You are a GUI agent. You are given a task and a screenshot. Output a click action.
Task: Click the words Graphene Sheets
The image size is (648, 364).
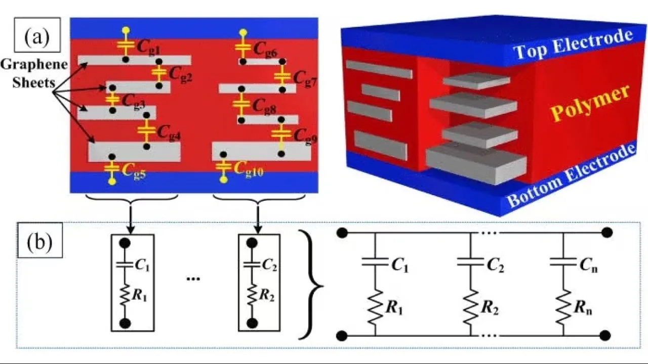(x=33, y=73)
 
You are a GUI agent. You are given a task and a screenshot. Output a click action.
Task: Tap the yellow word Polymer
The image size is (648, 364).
(x=590, y=103)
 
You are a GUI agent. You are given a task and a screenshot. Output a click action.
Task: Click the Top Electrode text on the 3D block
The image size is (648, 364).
(x=573, y=45)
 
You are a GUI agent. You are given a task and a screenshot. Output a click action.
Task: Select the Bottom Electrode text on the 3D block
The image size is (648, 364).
(x=571, y=176)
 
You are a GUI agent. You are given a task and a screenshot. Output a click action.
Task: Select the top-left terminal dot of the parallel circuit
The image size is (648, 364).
(x=342, y=233)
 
